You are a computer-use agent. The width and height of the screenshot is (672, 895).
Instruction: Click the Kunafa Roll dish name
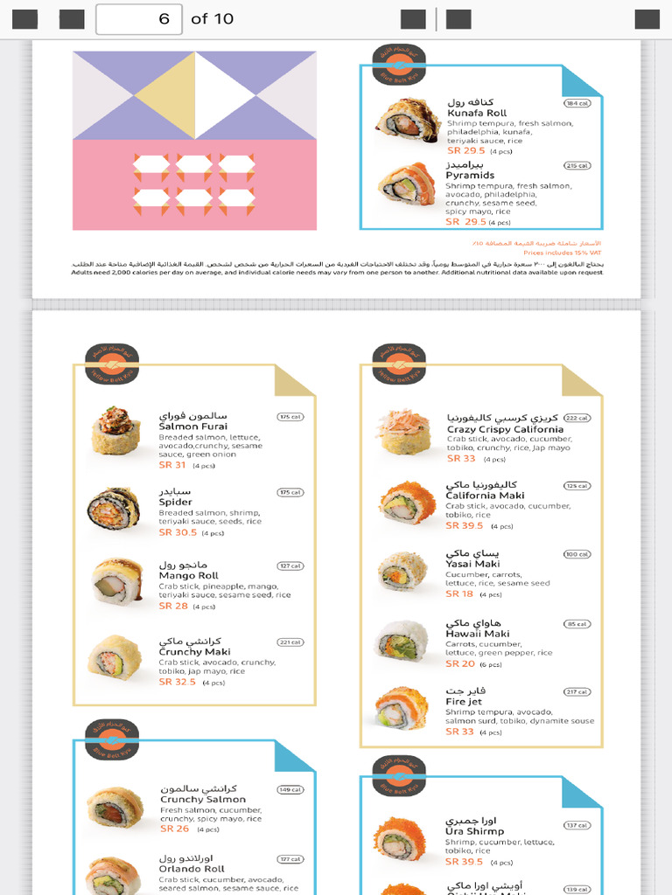coord(477,114)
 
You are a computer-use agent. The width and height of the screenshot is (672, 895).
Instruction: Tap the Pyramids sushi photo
coord(406,184)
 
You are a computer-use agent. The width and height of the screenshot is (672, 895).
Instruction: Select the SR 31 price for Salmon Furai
coord(172,465)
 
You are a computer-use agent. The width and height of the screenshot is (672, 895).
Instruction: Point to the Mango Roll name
coord(188,576)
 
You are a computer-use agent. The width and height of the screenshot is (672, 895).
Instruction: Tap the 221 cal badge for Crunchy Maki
coord(290,642)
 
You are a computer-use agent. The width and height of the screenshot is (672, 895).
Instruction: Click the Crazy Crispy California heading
coord(505,430)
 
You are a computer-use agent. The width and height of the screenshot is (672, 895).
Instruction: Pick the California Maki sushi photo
coord(406,503)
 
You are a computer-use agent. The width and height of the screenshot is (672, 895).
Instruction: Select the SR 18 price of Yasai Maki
coord(459,594)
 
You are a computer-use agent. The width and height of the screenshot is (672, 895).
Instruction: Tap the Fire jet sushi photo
coord(402,708)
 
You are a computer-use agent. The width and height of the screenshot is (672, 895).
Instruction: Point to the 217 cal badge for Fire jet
coord(577,692)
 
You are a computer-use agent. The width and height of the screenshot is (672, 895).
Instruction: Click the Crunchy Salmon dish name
coord(203,800)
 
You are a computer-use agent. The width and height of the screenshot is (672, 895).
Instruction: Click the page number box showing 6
coord(138,19)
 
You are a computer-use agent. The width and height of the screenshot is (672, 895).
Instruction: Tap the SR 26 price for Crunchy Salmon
coord(174,829)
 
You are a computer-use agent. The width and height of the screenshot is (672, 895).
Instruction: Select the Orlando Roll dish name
coord(192,870)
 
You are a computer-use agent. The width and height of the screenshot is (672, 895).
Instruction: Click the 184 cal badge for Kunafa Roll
coord(577,103)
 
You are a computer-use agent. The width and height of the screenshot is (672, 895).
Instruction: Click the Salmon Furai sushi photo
coord(115,430)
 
